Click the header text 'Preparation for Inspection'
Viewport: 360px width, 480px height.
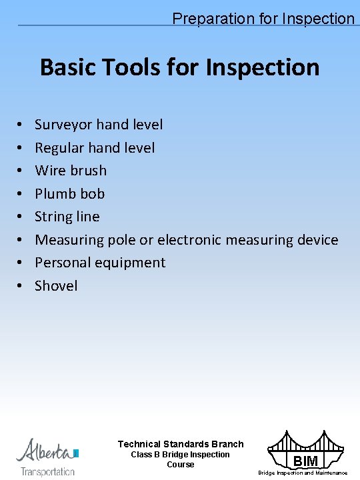(x=263, y=19)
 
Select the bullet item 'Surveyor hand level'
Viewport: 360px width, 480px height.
(x=99, y=125)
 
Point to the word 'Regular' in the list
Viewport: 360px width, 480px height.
(x=61, y=148)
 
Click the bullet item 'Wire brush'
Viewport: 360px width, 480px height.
(x=71, y=171)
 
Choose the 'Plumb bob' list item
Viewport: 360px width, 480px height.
(x=70, y=194)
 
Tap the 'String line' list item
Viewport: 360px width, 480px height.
(x=67, y=217)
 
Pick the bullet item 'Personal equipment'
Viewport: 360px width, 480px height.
(x=100, y=263)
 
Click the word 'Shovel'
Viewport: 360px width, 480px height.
(x=56, y=286)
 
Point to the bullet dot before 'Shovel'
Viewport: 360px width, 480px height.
(x=21, y=286)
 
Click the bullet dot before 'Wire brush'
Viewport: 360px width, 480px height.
(x=21, y=171)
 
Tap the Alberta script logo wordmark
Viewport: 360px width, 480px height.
(x=46, y=451)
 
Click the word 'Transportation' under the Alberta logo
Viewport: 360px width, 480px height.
(x=48, y=471)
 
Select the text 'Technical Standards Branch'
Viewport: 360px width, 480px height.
(x=181, y=444)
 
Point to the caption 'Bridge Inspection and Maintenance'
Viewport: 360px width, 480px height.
(x=303, y=473)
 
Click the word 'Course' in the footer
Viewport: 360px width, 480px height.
(x=181, y=465)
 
